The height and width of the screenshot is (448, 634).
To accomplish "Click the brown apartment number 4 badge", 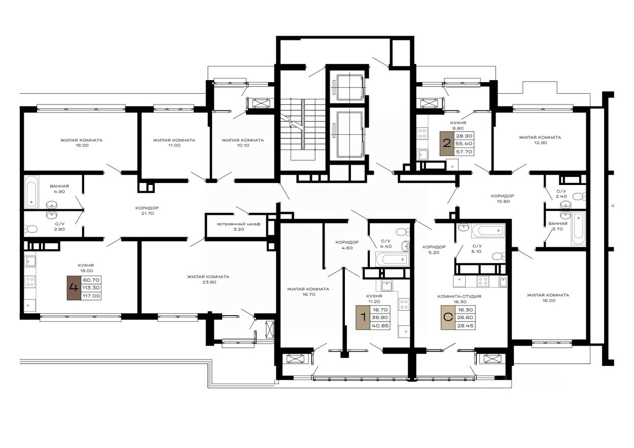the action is (74, 288).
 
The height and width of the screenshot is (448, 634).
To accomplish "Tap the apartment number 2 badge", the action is (447, 143).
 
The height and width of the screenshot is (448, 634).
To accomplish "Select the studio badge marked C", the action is (448, 317).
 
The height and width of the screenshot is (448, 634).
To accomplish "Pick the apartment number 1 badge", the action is (363, 317).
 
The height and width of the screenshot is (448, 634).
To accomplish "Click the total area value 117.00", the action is (91, 296).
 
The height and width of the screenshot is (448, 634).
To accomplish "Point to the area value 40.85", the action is (380, 326).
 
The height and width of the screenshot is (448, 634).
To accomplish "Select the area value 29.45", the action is (465, 326).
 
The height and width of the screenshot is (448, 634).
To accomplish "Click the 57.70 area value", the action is (464, 152).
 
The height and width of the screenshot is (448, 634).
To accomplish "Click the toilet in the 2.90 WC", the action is (31, 229).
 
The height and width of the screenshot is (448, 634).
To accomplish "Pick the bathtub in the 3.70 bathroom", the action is (578, 229).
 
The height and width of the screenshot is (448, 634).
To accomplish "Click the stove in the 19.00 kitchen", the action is (30, 282).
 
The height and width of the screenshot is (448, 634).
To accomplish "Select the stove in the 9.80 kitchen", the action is (422, 133).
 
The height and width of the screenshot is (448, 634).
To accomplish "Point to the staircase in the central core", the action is (302, 130).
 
